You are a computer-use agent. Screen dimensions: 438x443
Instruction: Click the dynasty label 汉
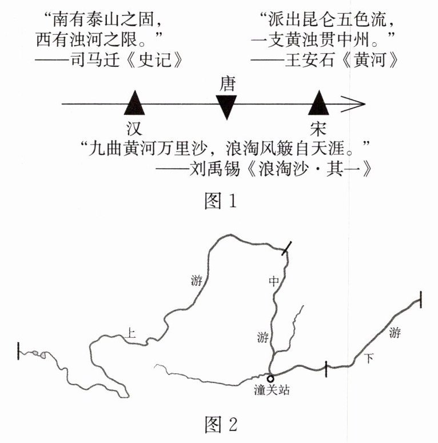(135, 126)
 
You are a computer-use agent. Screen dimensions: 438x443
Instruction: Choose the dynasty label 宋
(319, 126)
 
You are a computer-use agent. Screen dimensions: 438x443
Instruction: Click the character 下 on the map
(370, 359)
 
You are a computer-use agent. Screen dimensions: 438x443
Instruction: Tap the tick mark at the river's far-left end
(19, 350)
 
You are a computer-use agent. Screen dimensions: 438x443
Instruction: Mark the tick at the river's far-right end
(420, 299)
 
